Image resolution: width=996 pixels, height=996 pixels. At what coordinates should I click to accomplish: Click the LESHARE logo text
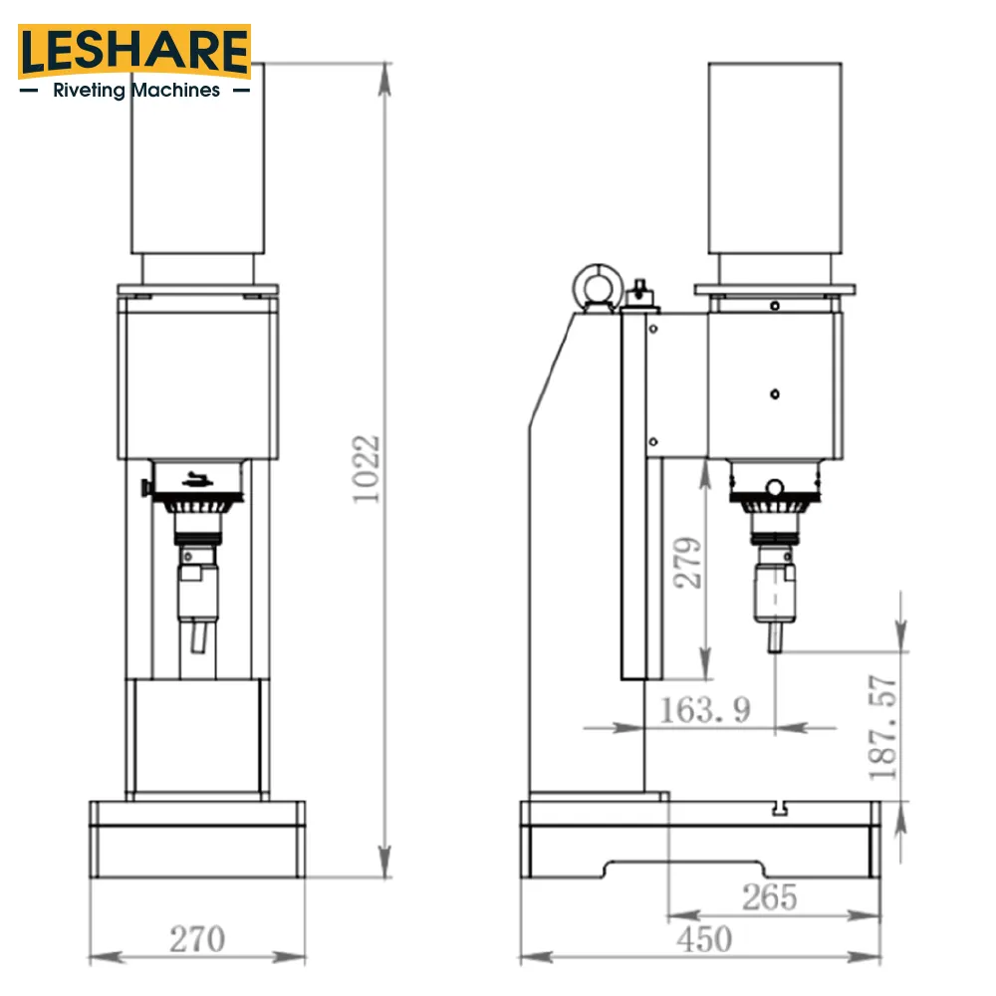pyautogui.click(x=134, y=51)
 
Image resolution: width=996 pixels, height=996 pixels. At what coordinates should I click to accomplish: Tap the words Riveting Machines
pyautogui.click(x=136, y=91)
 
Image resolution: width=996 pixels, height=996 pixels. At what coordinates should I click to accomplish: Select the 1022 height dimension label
pyautogui.click(x=366, y=469)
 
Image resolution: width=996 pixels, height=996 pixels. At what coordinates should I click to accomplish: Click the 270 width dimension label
pyautogui.click(x=197, y=939)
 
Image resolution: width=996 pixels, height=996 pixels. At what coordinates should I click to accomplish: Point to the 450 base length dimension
pyautogui.click(x=704, y=939)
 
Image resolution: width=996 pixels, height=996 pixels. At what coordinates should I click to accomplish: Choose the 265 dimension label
pyautogui.click(x=769, y=897)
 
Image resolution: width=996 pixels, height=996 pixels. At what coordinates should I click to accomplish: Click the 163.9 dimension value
pyautogui.click(x=705, y=709)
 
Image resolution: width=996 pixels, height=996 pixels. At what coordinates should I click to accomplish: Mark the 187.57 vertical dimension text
pyautogui.click(x=882, y=727)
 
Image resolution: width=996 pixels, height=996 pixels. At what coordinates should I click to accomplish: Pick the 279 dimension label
pyautogui.click(x=688, y=563)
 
